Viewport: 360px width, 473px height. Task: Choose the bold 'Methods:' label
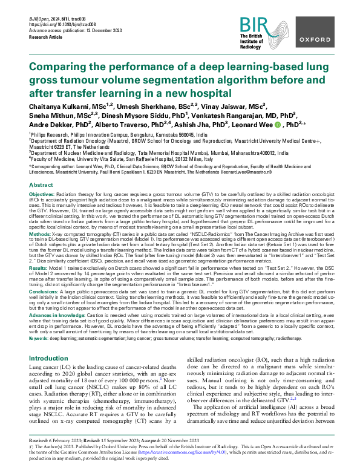click(40, 232)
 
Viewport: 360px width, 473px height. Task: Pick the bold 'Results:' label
click(39, 267)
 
